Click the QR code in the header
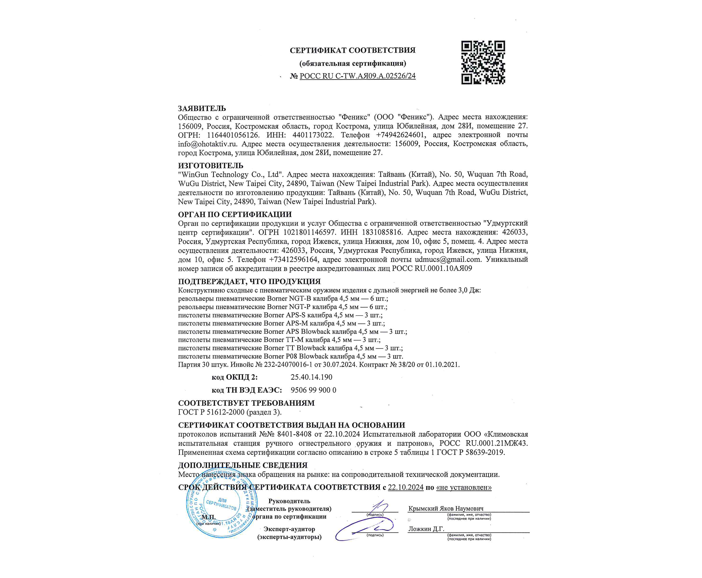(483, 63)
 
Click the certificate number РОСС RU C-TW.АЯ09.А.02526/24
(357, 76)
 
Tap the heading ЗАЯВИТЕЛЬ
(202, 108)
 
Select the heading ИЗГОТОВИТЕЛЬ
(210, 165)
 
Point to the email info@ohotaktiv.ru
(207, 144)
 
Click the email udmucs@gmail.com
(447, 259)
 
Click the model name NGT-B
(300, 298)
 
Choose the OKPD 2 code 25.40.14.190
(311, 377)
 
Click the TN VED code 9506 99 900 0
(313, 390)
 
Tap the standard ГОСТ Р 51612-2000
(211, 412)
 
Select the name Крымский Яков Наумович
(445, 508)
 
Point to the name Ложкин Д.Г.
(426, 529)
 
